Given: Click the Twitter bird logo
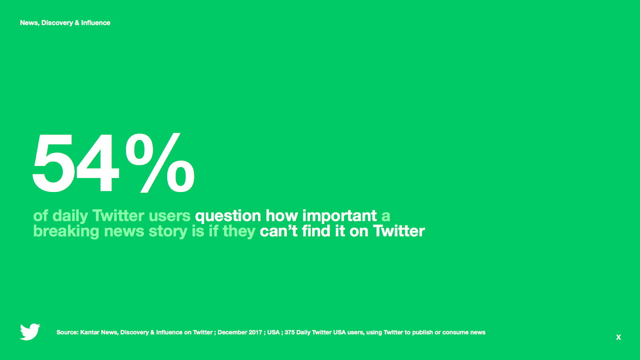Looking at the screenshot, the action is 30,332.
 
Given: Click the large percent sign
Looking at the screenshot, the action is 160,162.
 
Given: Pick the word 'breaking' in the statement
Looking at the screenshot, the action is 66,232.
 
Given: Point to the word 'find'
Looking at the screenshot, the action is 316,231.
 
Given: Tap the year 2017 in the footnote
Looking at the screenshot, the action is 255,332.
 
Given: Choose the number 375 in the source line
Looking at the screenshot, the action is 290,332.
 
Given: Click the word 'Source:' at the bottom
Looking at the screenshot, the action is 68,332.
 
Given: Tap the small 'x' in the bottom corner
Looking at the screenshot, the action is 618,338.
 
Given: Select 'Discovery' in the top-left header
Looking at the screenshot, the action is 56,23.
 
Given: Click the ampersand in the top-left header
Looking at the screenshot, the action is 77,23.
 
